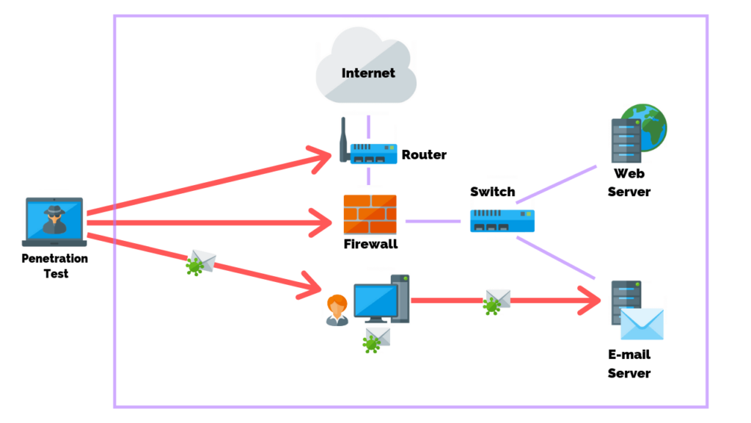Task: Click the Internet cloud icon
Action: click(366, 70)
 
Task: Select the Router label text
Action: click(424, 155)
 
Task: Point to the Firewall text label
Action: click(370, 244)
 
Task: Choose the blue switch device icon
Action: click(502, 220)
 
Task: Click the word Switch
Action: click(492, 192)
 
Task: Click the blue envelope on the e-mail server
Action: click(642, 324)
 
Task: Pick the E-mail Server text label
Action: click(629, 364)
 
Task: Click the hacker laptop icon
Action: click(55, 221)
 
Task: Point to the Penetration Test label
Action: click(55, 266)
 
